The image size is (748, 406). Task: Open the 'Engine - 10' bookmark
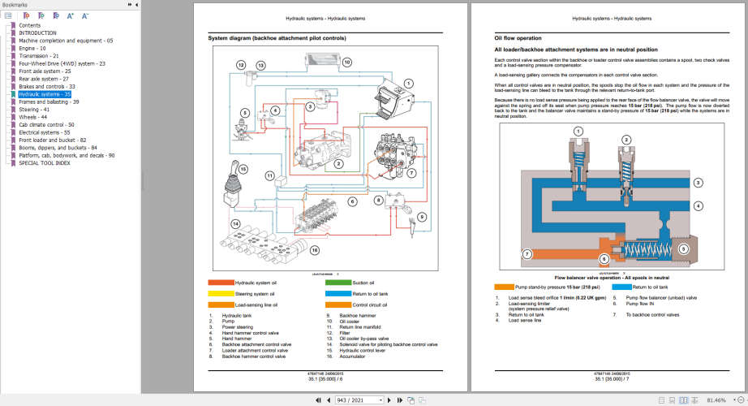pyautogui.click(x=32, y=48)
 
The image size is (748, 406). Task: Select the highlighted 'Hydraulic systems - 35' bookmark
pyautogui.click(x=45, y=94)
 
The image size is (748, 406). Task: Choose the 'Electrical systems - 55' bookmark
pyautogui.click(x=45, y=132)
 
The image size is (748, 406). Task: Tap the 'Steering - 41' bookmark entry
pyautogui.click(x=34, y=110)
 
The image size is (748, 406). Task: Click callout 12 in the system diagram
pyautogui.click(x=241, y=64)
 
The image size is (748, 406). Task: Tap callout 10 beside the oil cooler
pyautogui.click(x=346, y=62)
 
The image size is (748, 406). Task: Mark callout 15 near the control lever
pyautogui.click(x=243, y=169)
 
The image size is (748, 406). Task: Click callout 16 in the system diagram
pyautogui.click(x=312, y=253)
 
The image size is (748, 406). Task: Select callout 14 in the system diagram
pyautogui.click(x=235, y=224)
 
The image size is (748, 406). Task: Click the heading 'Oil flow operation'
pyautogui.click(x=518, y=38)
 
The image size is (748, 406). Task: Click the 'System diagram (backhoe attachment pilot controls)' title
pyautogui.click(x=277, y=38)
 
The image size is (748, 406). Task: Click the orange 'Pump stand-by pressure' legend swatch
pyautogui.click(x=504, y=287)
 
